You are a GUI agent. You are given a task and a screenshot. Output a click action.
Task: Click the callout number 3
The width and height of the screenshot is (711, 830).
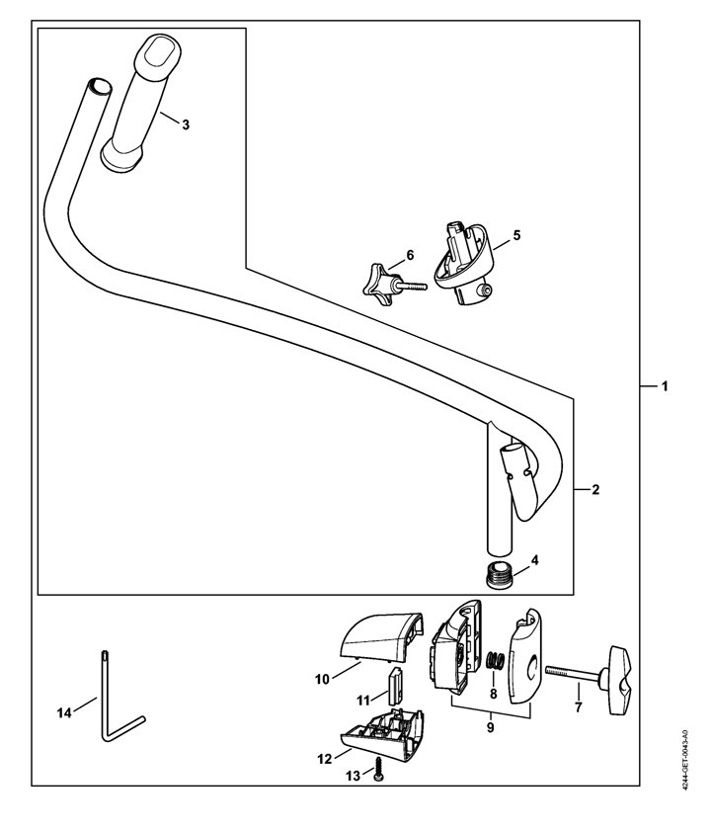pyautogui.click(x=186, y=124)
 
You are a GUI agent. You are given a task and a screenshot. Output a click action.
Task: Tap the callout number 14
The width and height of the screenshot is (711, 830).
pyautogui.click(x=64, y=713)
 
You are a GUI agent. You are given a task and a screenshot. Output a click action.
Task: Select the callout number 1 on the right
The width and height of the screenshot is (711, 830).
pyautogui.click(x=665, y=386)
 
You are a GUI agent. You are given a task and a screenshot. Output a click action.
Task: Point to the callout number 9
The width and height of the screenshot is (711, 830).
pyautogui.click(x=491, y=728)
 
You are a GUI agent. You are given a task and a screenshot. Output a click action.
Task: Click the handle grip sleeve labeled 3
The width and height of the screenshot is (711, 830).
pyautogui.click(x=140, y=103)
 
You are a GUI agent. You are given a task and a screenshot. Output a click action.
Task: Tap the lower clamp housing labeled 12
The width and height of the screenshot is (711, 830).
pyautogui.click(x=382, y=732)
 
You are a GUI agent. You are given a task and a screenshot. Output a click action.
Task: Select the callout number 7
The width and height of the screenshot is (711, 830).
pyautogui.click(x=579, y=706)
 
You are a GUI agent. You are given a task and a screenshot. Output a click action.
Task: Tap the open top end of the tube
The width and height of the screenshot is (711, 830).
pyautogui.click(x=99, y=86)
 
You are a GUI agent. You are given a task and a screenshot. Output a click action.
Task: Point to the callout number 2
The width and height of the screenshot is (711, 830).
pyautogui.click(x=595, y=490)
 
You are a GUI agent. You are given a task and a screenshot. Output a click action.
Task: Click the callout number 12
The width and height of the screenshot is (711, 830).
pyautogui.click(x=324, y=759)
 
